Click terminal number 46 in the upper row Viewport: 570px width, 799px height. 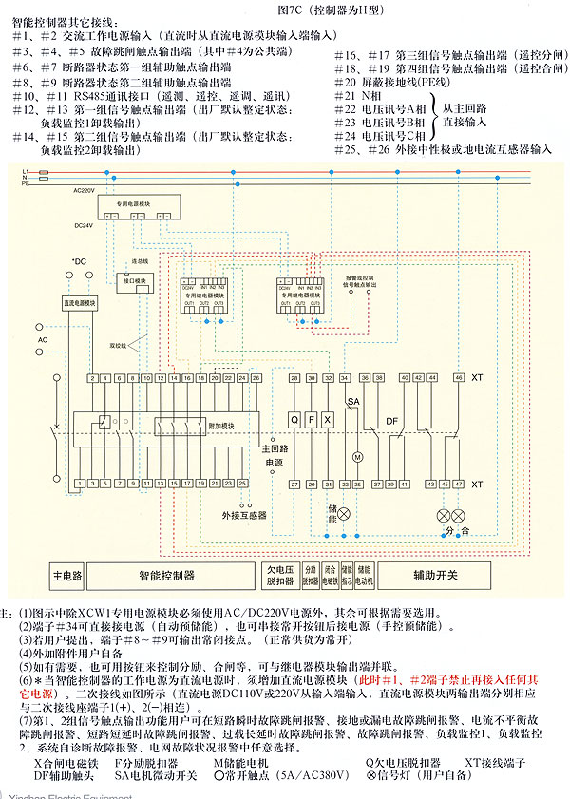[459, 378]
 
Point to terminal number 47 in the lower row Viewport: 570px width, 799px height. [459, 485]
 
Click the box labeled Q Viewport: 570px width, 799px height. [294, 419]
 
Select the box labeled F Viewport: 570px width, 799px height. [312, 419]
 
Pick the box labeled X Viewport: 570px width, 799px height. [328, 419]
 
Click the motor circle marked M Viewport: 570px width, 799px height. [358, 457]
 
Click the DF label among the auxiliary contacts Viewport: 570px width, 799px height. [390, 419]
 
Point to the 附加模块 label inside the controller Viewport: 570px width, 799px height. [221, 428]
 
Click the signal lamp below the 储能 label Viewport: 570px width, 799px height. [345, 514]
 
